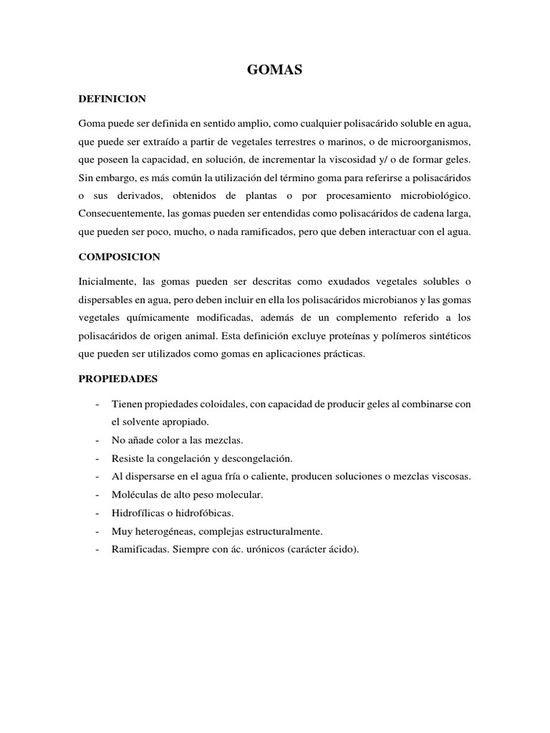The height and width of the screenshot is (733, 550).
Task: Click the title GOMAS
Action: pos(275,69)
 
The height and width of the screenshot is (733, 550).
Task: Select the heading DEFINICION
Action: pos(112,98)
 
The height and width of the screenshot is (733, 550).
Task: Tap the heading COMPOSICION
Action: pos(120,256)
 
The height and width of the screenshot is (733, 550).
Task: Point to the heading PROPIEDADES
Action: pos(118,377)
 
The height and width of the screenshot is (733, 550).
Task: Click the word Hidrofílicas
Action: pos(137,513)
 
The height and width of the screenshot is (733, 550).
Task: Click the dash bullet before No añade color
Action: pos(97,440)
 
